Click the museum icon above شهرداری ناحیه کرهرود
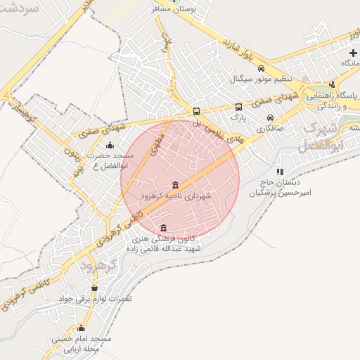coord(174,185)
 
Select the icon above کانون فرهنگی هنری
coord(163,227)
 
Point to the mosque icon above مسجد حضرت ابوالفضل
coord(110,146)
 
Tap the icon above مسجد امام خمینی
coord(82,328)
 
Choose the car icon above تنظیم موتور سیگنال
coord(261,69)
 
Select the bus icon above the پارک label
coord(239,107)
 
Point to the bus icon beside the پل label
coord(196,110)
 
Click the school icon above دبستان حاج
coord(280,171)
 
